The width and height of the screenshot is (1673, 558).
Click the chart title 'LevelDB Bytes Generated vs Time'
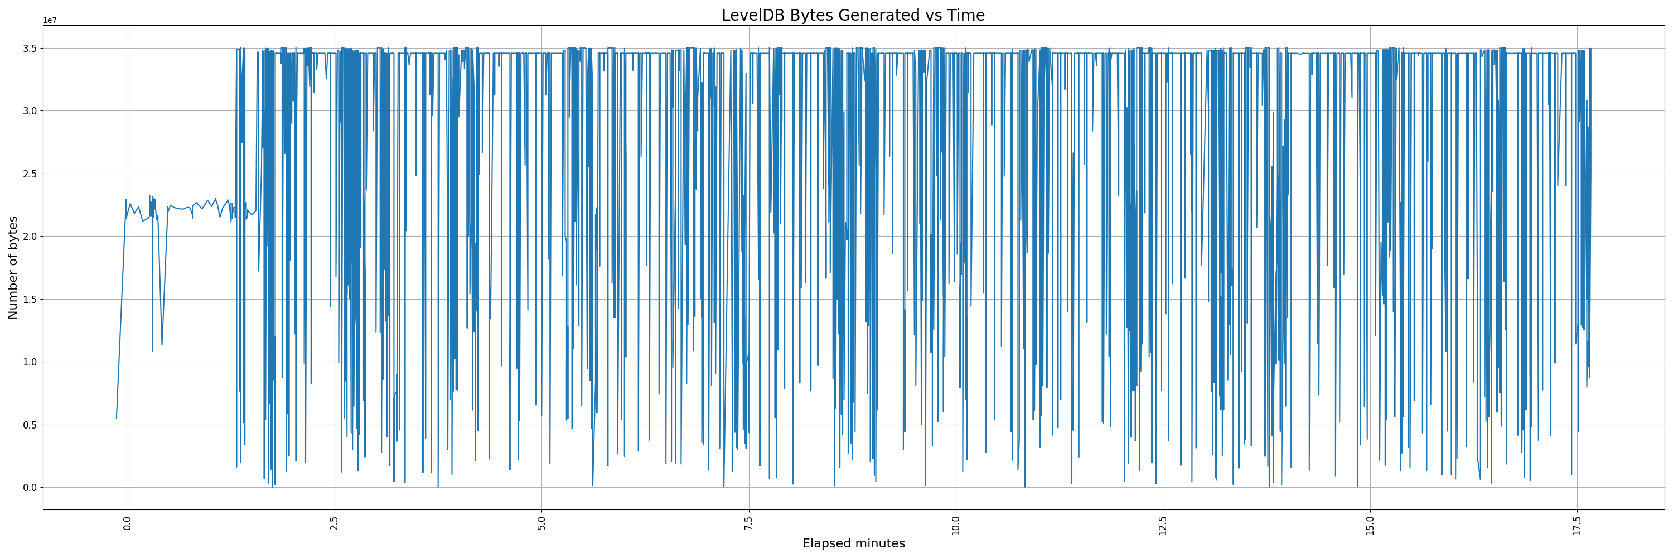click(x=853, y=15)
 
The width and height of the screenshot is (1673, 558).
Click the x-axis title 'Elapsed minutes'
click(x=853, y=543)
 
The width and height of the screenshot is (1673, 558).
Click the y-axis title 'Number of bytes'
click(x=13, y=268)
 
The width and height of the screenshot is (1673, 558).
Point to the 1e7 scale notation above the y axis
click(x=50, y=21)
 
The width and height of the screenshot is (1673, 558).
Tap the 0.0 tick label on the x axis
click(x=127, y=523)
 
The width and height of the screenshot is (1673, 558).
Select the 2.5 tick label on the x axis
click(x=335, y=523)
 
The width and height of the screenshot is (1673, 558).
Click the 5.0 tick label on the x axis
click(x=541, y=523)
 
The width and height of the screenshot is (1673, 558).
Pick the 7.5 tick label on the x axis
click(x=749, y=523)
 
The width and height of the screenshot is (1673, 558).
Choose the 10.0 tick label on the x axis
click(x=956, y=526)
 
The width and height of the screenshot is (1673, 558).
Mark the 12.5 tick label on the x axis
click(x=1163, y=526)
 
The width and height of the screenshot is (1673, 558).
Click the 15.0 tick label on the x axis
click(x=1370, y=526)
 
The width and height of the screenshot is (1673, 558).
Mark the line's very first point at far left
click(x=116, y=418)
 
